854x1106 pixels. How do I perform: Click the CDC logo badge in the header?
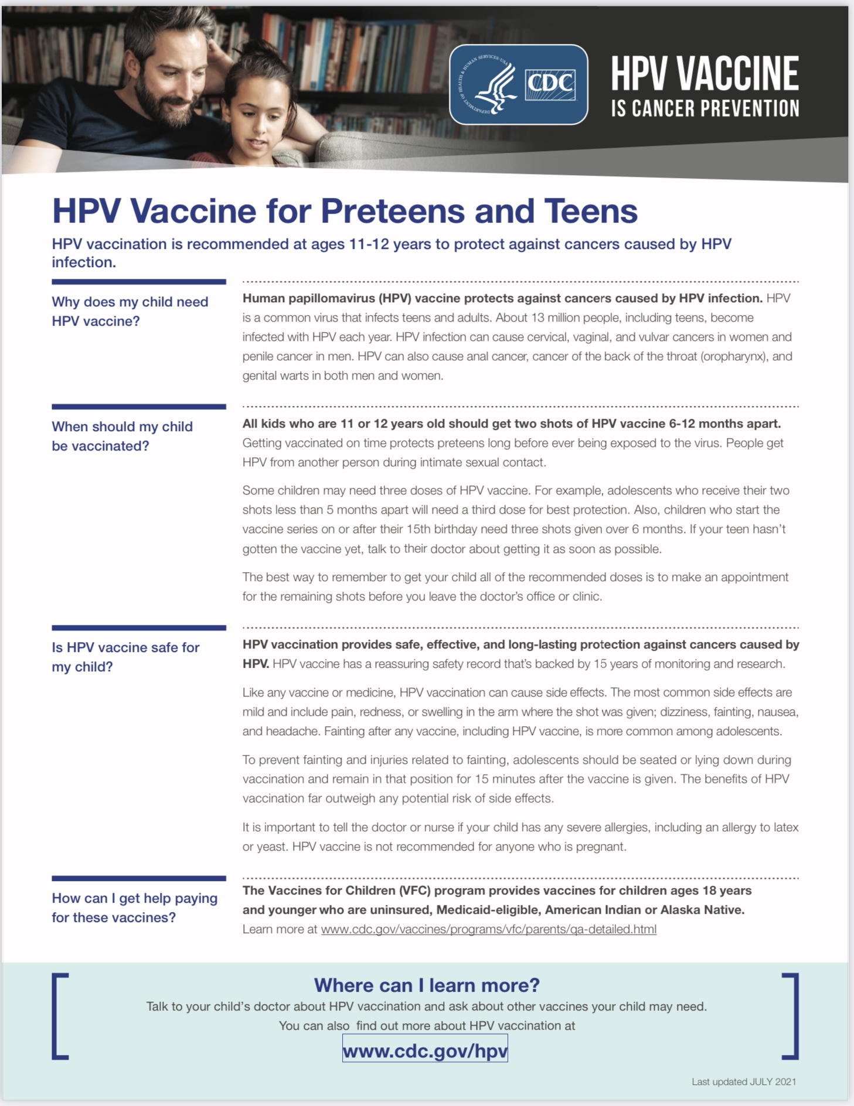518,85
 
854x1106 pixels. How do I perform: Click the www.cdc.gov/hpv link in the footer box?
425,1050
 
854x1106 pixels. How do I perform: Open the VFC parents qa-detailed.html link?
488,929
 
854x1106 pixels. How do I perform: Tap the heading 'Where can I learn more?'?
427,985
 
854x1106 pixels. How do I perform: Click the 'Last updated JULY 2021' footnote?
743,1081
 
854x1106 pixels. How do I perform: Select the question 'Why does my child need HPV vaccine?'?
130,311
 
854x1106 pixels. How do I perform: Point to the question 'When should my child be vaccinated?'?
122,436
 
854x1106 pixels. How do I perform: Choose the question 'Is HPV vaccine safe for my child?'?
125,657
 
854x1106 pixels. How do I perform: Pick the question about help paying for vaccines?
134,907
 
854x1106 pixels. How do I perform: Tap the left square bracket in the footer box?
60,1016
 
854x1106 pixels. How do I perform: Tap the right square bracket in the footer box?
791,1016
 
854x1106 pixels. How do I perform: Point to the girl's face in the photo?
258,120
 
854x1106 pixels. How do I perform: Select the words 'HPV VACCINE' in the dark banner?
705,74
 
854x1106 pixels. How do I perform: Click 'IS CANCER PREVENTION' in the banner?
705,109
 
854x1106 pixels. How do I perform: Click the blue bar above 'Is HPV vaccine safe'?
139,628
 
